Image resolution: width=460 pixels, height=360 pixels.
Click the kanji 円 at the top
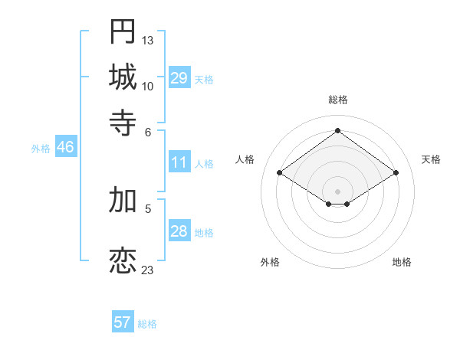pyautogui.click(x=123, y=31)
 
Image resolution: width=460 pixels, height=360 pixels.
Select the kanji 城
pyautogui.click(x=123, y=77)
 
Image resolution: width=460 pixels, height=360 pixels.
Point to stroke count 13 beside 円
pyautogui.click(x=148, y=40)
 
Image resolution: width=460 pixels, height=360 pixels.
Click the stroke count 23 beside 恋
pyautogui.click(x=148, y=270)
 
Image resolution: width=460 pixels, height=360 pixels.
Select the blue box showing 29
pyautogui.click(x=179, y=78)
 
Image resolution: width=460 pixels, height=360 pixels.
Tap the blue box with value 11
pyautogui.click(x=179, y=162)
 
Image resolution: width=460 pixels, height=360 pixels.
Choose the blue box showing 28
pyautogui.click(x=179, y=231)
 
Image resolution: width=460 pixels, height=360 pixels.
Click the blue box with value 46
pyautogui.click(x=65, y=148)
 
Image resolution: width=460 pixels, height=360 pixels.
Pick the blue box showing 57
pyautogui.click(x=123, y=322)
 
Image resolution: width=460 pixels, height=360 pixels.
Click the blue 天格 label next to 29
pyautogui.click(x=204, y=80)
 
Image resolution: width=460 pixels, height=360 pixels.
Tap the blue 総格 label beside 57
pyautogui.click(x=147, y=324)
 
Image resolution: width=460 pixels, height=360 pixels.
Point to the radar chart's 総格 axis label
pyautogui.click(x=338, y=100)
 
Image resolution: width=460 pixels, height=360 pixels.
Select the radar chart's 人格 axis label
pyautogui.click(x=245, y=159)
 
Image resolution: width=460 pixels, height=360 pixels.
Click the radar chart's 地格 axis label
pyautogui.click(x=402, y=262)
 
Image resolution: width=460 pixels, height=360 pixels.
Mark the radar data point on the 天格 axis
pyautogui.click(x=396, y=173)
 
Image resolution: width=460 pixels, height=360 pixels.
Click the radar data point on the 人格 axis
pyautogui.click(x=280, y=173)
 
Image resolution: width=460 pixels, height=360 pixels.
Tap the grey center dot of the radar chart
pyautogui.click(x=338, y=191)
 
